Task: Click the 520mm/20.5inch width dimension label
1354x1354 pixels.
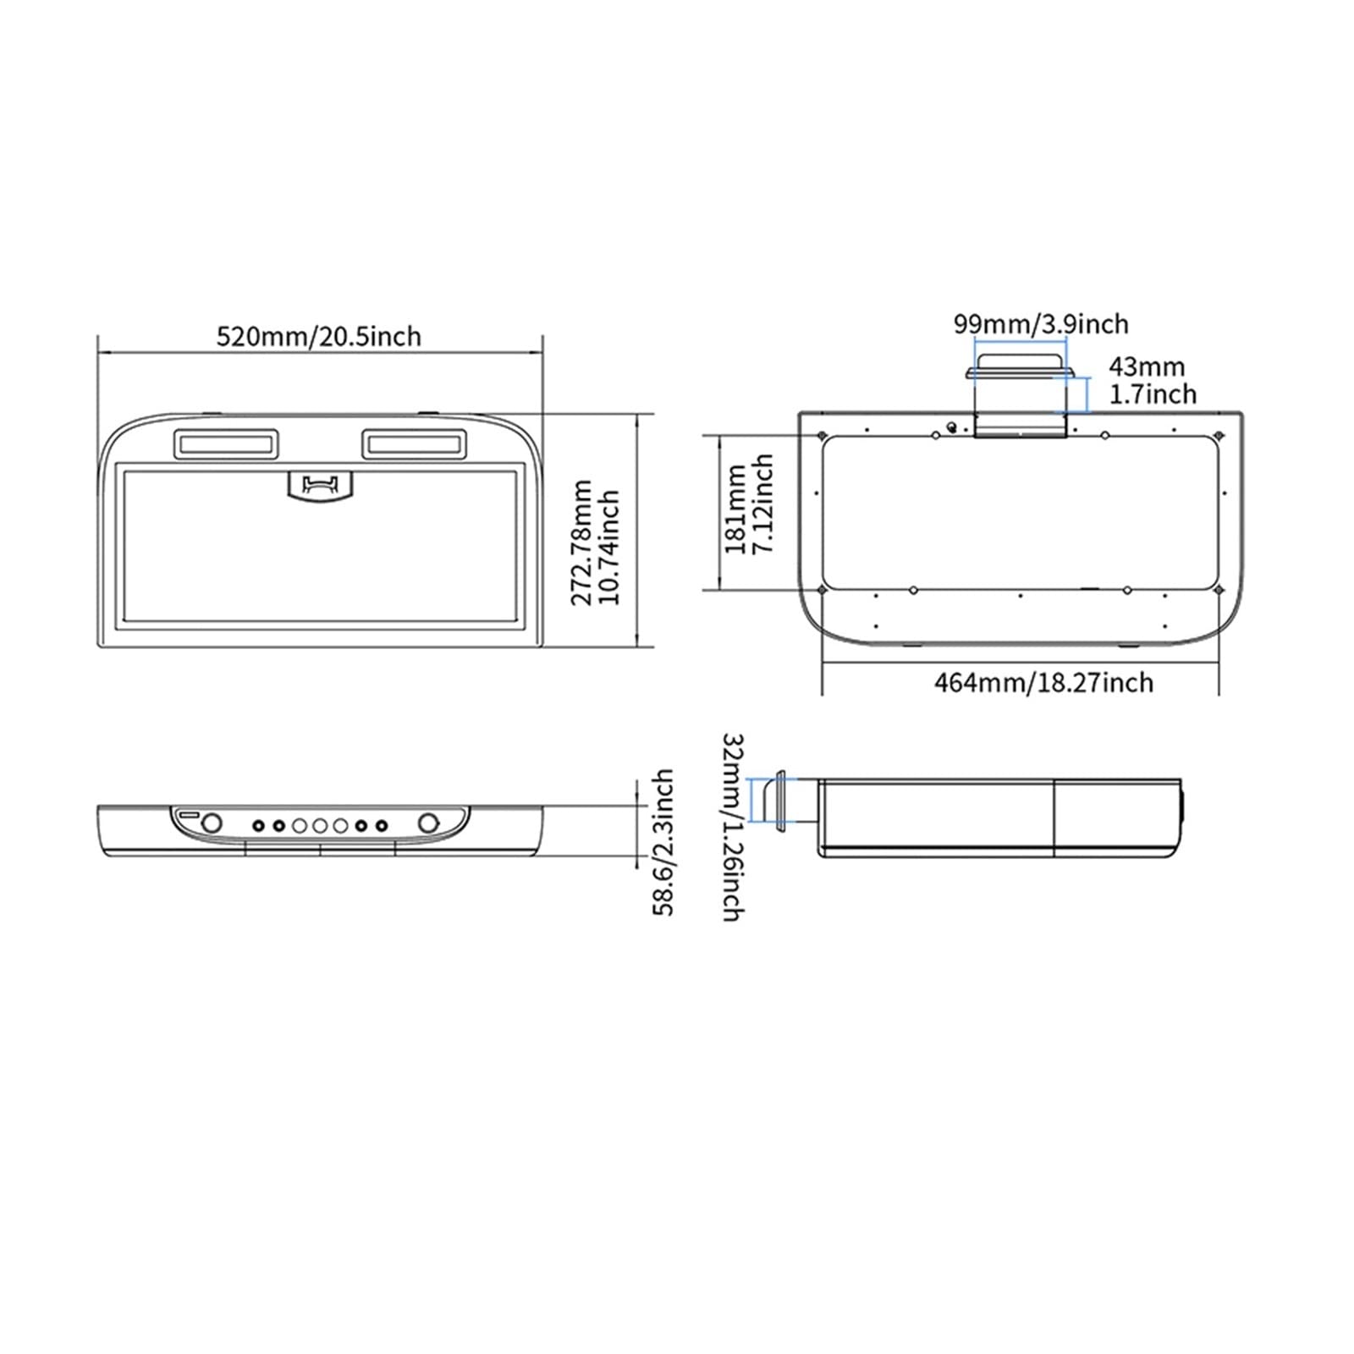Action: pos(319,336)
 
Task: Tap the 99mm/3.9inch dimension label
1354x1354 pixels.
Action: pos(1041,323)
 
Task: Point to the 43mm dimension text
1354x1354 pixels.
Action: pos(1147,366)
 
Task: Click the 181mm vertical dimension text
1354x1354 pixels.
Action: pos(736,509)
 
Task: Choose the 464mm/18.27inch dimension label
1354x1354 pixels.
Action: pos(1043,682)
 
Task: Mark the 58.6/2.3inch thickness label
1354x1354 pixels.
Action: pos(663,842)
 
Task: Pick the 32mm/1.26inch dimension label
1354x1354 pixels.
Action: pos(732,827)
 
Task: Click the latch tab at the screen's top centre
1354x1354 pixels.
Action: pos(319,486)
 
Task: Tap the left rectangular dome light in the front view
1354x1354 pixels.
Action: pos(226,443)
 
